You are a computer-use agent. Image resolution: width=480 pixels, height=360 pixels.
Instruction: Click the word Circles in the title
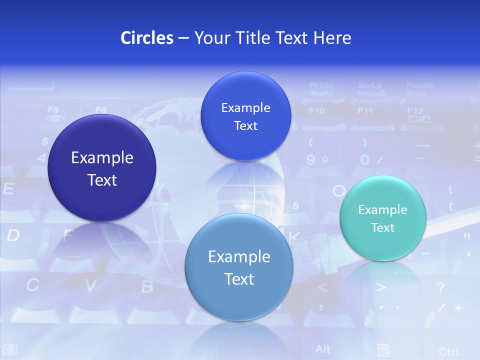[147, 38]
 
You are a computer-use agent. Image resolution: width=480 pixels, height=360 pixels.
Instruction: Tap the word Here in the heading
[332, 38]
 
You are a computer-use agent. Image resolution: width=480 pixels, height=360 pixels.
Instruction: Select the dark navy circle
[102, 168]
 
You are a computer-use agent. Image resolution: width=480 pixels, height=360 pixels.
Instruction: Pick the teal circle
[383, 218]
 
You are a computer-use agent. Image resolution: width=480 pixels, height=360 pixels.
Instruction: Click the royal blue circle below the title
[245, 116]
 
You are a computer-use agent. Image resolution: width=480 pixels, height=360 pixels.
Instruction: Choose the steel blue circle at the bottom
[239, 267]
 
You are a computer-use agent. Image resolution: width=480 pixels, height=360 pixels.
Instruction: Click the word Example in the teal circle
[383, 209]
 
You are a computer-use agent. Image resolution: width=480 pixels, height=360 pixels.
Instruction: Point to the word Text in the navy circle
[102, 180]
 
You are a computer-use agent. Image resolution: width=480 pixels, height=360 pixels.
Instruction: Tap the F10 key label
[317, 111]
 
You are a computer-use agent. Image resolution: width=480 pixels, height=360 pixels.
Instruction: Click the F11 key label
[365, 111]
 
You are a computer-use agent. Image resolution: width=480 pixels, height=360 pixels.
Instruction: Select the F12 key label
[415, 110]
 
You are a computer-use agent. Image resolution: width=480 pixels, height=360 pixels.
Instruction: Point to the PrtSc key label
[321, 85]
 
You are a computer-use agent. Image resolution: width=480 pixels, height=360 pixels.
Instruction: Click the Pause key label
[419, 85]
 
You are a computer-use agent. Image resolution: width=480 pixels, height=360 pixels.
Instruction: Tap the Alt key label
[322, 348]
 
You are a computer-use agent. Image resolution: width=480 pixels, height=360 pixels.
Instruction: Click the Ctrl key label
[448, 351]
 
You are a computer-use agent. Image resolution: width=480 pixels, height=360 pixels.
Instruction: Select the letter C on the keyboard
[32, 285]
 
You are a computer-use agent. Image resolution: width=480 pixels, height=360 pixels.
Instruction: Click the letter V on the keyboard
[90, 286]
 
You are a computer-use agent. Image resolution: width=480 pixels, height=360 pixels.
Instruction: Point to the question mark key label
[440, 287]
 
